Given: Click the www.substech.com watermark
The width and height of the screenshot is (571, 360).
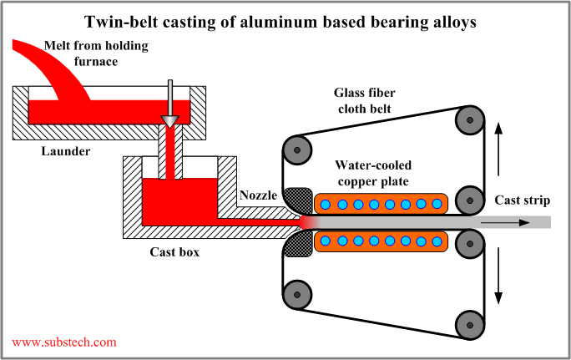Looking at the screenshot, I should point(64,342).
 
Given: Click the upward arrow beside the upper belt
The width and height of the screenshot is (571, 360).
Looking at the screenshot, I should point(499,138).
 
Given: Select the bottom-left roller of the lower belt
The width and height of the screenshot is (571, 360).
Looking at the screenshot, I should point(295,295).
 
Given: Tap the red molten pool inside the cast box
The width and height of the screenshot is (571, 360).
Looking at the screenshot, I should point(175,200).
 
